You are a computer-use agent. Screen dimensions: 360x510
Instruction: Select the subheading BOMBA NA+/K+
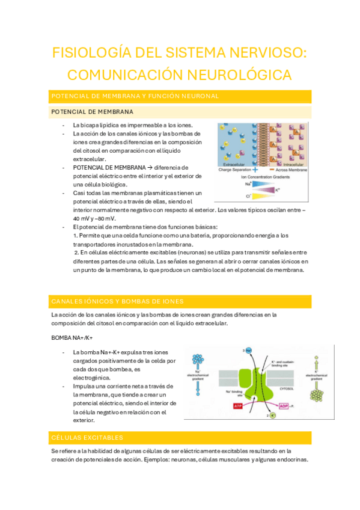click(72, 338)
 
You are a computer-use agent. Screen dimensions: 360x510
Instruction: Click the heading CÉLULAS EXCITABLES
click(88, 437)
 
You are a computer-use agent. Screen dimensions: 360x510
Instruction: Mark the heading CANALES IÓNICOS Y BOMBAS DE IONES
click(118, 301)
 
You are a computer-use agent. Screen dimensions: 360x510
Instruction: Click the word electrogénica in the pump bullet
click(93, 377)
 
